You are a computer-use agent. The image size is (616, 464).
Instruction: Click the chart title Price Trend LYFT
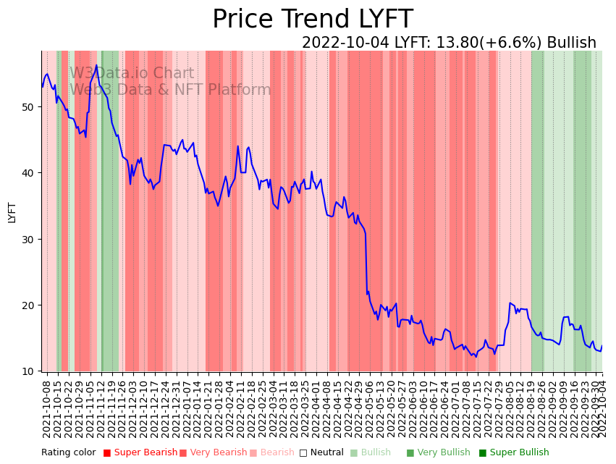[x=312, y=20]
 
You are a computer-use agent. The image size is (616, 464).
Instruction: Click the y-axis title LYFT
[x=12, y=212]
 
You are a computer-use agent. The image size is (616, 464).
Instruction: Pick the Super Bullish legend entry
[x=519, y=453]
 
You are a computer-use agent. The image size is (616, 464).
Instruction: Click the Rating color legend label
[x=68, y=453]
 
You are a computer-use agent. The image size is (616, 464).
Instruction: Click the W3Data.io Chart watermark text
[x=132, y=74]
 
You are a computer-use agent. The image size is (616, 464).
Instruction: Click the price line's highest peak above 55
[x=96, y=65]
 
